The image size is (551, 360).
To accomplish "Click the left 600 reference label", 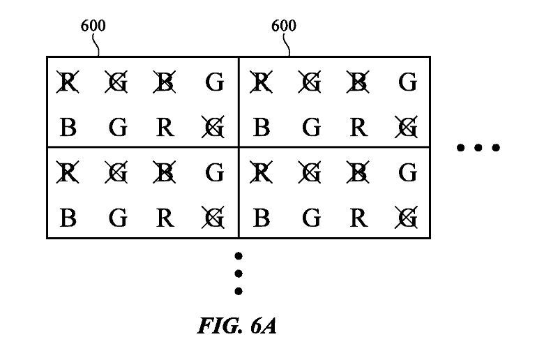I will click(x=93, y=27).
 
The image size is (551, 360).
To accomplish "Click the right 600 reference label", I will click(x=283, y=27).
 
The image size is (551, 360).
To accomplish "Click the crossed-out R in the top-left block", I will click(x=68, y=83).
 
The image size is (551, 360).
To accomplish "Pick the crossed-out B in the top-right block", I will click(x=358, y=83).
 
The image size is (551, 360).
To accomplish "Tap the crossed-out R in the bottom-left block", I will click(x=68, y=171).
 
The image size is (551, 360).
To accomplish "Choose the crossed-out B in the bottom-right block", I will click(x=358, y=171).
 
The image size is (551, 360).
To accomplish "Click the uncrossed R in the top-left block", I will click(x=165, y=128).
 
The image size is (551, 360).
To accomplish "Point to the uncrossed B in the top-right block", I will click(x=261, y=128).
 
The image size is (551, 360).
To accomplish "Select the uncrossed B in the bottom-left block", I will click(x=68, y=218).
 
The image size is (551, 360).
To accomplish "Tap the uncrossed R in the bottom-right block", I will click(x=358, y=218).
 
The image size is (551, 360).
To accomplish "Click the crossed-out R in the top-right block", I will click(x=261, y=83).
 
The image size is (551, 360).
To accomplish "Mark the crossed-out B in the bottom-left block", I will click(x=165, y=171).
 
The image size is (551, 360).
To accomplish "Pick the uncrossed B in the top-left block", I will click(x=68, y=128).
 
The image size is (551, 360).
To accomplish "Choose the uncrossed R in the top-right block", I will click(x=358, y=128).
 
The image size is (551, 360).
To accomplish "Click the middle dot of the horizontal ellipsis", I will click(x=478, y=147).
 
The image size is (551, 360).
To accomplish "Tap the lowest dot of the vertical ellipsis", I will click(x=239, y=291).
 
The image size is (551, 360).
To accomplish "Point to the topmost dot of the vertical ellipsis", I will click(x=239, y=256).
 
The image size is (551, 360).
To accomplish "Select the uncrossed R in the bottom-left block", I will click(x=165, y=218).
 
